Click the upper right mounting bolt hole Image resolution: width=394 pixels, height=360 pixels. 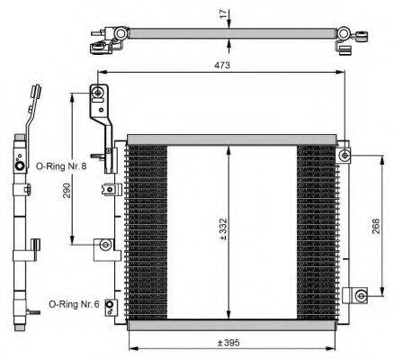[x=345, y=157]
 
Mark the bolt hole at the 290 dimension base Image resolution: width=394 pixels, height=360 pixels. [x=106, y=244]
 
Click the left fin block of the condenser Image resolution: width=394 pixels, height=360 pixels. [x=147, y=225]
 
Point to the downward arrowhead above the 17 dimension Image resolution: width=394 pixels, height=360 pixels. [x=231, y=25]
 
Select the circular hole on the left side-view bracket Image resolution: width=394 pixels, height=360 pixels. [x=20, y=166]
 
